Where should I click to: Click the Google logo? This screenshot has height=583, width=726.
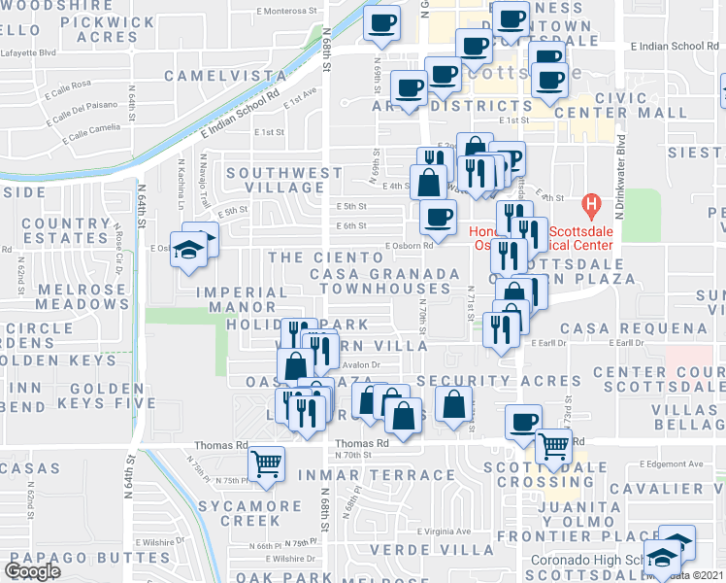(33, 571)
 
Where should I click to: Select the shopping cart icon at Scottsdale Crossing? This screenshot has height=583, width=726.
(554, 446)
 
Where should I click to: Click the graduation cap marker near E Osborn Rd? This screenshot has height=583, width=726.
(189, 247)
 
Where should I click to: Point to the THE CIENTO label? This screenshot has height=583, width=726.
(326, 257)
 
